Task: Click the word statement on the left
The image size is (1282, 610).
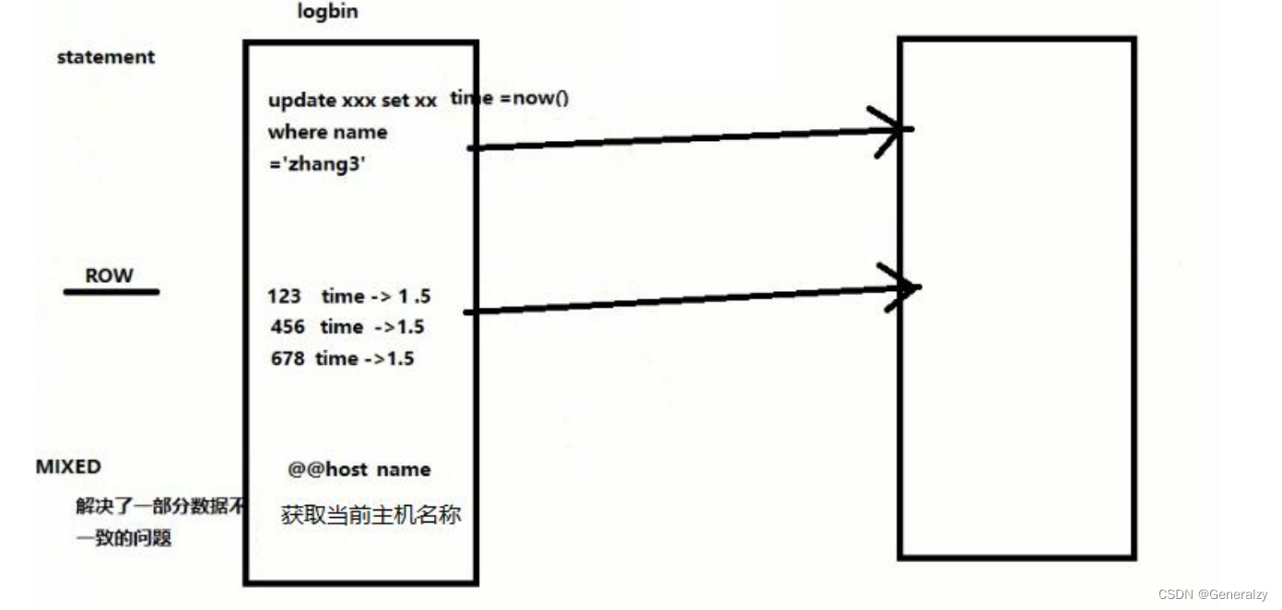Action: coord(106,57)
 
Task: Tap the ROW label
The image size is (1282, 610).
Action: coord(109,276)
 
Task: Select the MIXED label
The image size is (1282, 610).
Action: coord(68,467)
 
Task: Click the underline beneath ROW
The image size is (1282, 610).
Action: coord(111,292)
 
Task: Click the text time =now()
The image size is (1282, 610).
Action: coord(509,98)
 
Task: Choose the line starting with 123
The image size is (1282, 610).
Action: coord(349,297)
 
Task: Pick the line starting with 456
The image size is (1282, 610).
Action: coord(347,327)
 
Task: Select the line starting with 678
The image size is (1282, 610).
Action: coord(343,358)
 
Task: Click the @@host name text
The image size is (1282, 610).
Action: coord(359,470)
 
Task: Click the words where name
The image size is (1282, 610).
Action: coord(327,133)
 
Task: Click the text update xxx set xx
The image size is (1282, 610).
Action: coord(352,101)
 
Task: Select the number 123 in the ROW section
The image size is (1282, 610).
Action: coord(284,297)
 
